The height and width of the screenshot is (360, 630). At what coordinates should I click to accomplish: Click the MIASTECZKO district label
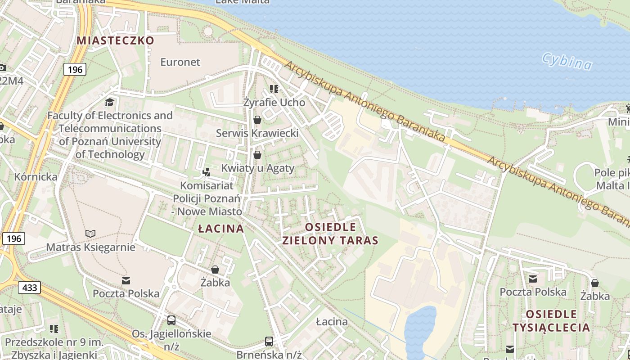tap(115, 40)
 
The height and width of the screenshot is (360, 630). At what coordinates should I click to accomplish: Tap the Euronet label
tap(180, 62)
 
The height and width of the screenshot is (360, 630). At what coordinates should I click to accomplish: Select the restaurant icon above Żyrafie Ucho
tap(274, 89)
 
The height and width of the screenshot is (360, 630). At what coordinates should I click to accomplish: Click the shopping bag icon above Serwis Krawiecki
tap(257, 120)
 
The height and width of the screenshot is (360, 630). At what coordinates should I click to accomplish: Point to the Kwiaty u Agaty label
tap(257, 168)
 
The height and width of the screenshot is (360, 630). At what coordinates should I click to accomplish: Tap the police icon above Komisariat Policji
tap(207, 171)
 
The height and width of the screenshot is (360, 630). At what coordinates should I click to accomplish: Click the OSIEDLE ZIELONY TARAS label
tap(330, 234)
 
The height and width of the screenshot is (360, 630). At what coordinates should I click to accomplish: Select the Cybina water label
tap(567, 62)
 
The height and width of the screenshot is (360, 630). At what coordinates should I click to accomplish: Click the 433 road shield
tap(30, 288)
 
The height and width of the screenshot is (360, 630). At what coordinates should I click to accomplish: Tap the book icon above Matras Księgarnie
tap(90, 234)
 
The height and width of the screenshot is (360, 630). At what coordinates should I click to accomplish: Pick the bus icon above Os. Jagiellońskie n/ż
tap(171, 320)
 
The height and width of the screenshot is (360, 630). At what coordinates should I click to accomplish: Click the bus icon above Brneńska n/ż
tap(269, 341)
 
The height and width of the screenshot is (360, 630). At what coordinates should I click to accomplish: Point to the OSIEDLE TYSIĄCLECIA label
tap(551, 320)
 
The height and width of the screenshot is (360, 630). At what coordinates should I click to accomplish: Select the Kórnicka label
tap(36, 176)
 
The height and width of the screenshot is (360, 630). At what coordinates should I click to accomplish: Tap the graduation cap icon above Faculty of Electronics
tap(110, 102)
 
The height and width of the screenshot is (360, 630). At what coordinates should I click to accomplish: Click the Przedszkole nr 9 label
tap(54, 342)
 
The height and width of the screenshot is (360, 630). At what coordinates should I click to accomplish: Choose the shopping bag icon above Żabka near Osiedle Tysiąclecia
tap(595, 283)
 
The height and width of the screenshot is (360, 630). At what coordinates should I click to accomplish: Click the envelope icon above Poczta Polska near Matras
tap(126, 281)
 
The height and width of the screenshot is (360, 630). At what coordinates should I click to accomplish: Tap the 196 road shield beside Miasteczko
tap(75, 69)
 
